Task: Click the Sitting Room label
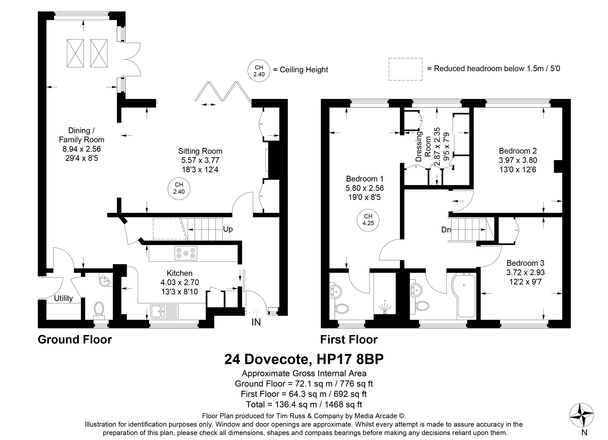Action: point(200,151)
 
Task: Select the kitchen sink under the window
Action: point(164,311)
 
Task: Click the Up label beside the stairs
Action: point(228,229)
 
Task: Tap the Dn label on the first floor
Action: point(446,230)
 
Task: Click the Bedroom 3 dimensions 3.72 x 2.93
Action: point(525,272)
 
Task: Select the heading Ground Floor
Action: point(75,340)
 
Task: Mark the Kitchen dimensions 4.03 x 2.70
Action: point(180,282)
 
